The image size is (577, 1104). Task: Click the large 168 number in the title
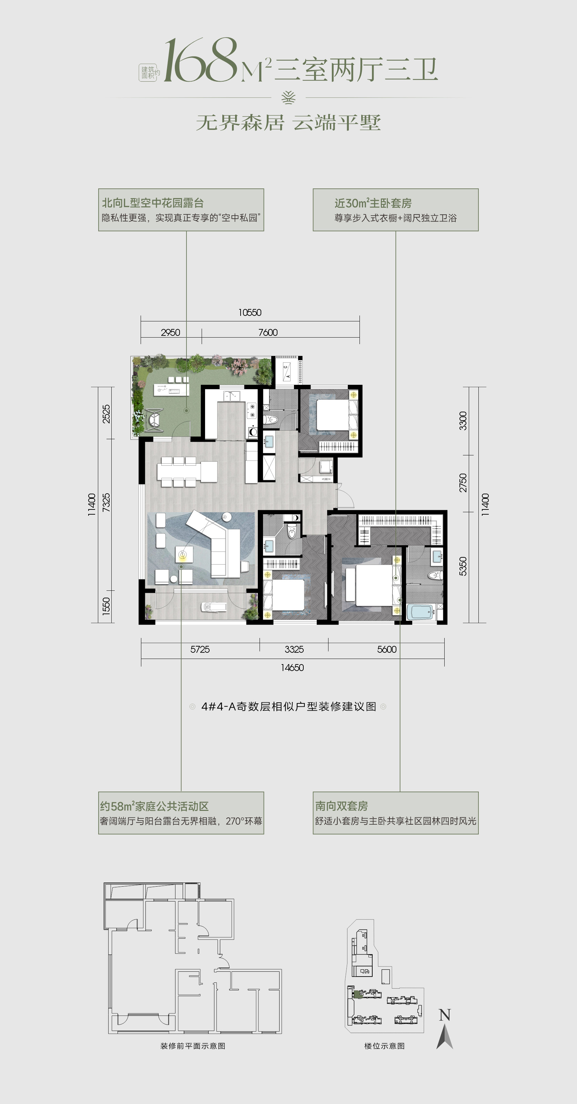tap(201, 61)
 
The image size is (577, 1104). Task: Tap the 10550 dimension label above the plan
tap(250, 313)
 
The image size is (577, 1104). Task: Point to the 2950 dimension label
tap(170, 332)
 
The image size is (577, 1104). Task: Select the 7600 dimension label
tap(268, 332)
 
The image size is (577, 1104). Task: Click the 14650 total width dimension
tap(292, 668)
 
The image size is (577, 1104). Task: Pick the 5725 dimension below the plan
tap(200, 650)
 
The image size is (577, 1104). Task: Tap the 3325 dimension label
tap(294, 650)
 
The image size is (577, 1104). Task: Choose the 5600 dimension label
tap(386, 650)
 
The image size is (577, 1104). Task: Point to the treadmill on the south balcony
tap(214, 607)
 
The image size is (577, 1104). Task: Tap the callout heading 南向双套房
tap(342, 806)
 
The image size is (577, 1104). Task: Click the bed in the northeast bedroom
tap(333, 414)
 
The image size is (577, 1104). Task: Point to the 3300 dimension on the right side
tap(463, 421)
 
